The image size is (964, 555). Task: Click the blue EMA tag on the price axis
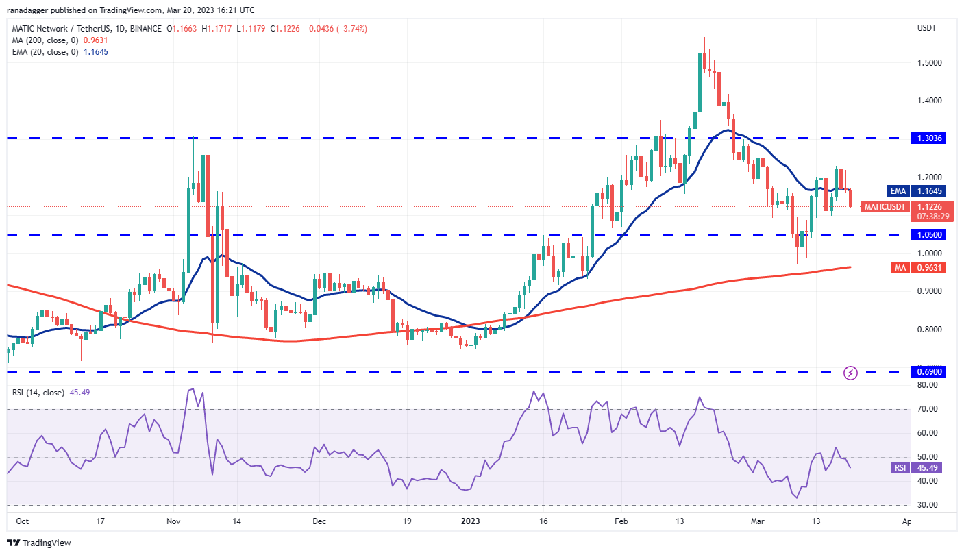click(x=898, y=190)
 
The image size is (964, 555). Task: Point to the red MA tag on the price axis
click(x=900, y=267)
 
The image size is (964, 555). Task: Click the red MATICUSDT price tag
click(x=885, y=206)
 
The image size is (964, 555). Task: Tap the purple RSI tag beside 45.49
click(x=900, y=468)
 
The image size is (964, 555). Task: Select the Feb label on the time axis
click(x=620, y=521)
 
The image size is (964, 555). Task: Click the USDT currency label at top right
click(x=928, y=28)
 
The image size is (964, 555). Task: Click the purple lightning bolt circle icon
click(x=850, y=373)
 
